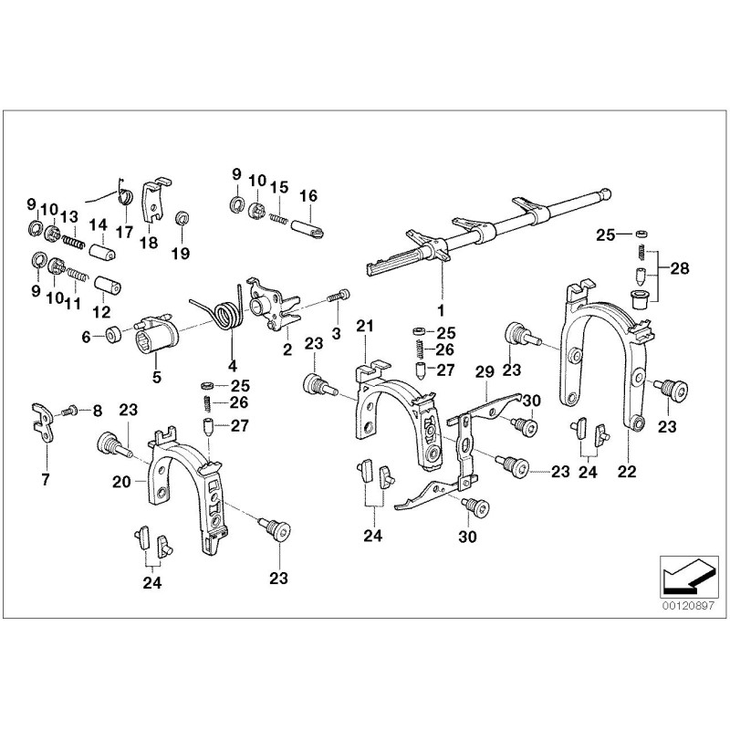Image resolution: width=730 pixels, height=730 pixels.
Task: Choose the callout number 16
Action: coord(308,195)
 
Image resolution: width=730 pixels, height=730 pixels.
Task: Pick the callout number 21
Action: coord(365,327)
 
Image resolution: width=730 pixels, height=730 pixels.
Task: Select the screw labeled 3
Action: coord(340,297)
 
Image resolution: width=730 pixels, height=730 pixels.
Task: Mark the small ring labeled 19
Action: coord(180,217)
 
